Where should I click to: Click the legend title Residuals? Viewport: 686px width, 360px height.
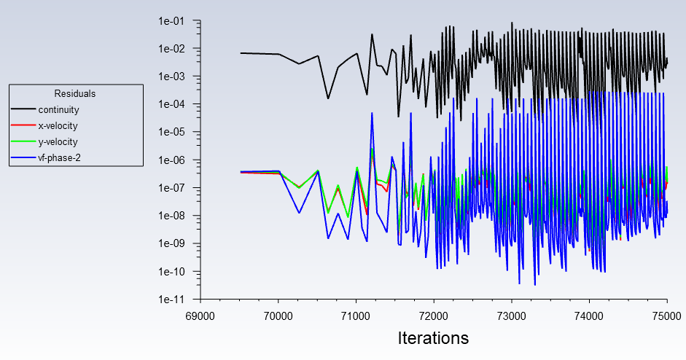click(75, 93)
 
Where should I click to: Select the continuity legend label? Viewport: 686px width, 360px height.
click(58, 110)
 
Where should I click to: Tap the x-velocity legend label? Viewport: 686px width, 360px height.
click(58, 126)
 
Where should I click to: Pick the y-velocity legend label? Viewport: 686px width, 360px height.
click(58, 141)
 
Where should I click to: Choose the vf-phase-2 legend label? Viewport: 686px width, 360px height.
click(60, 158)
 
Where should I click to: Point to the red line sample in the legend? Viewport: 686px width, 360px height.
click(23, 125)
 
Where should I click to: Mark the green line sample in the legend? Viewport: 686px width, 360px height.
click(23, 141)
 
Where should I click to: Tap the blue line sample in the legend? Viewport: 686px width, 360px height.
click(23, 157)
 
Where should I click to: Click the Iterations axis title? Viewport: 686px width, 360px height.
click(433, 338)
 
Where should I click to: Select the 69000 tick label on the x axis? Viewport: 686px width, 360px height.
click(200, 316)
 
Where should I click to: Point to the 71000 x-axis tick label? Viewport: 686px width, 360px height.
click(356, 316)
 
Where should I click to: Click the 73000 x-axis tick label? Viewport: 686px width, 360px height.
click(512, 316)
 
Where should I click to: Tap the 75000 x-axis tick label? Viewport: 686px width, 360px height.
click(667, 316)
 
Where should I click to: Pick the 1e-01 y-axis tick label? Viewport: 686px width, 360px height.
click(171, 21)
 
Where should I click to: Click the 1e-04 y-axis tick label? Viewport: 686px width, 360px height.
click(171, 104)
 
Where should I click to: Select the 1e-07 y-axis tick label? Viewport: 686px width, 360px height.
click(171, 188)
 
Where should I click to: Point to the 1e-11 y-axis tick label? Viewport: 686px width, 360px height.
click(171, 300)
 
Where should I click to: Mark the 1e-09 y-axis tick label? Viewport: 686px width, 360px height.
click(171, 243)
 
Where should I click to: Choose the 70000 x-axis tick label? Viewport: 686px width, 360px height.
click(278, 316)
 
